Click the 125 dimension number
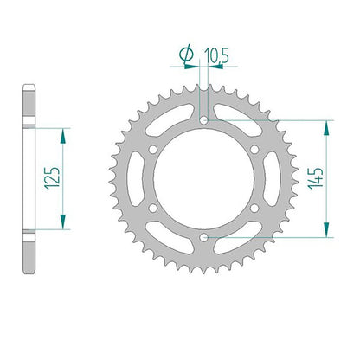click(x=52, y=178)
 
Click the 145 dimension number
click(x=316, y=178)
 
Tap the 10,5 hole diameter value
click(x=216, y=56)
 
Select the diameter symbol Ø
click(x=186, y=55)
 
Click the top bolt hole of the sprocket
click(x=203, y=120)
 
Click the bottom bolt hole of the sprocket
click(x=203, y=238)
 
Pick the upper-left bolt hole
click(x=153, y=150)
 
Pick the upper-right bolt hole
click(x=254, y=150)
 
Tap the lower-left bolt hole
click(x=153, y=208)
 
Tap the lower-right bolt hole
click(x=254, y=208)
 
